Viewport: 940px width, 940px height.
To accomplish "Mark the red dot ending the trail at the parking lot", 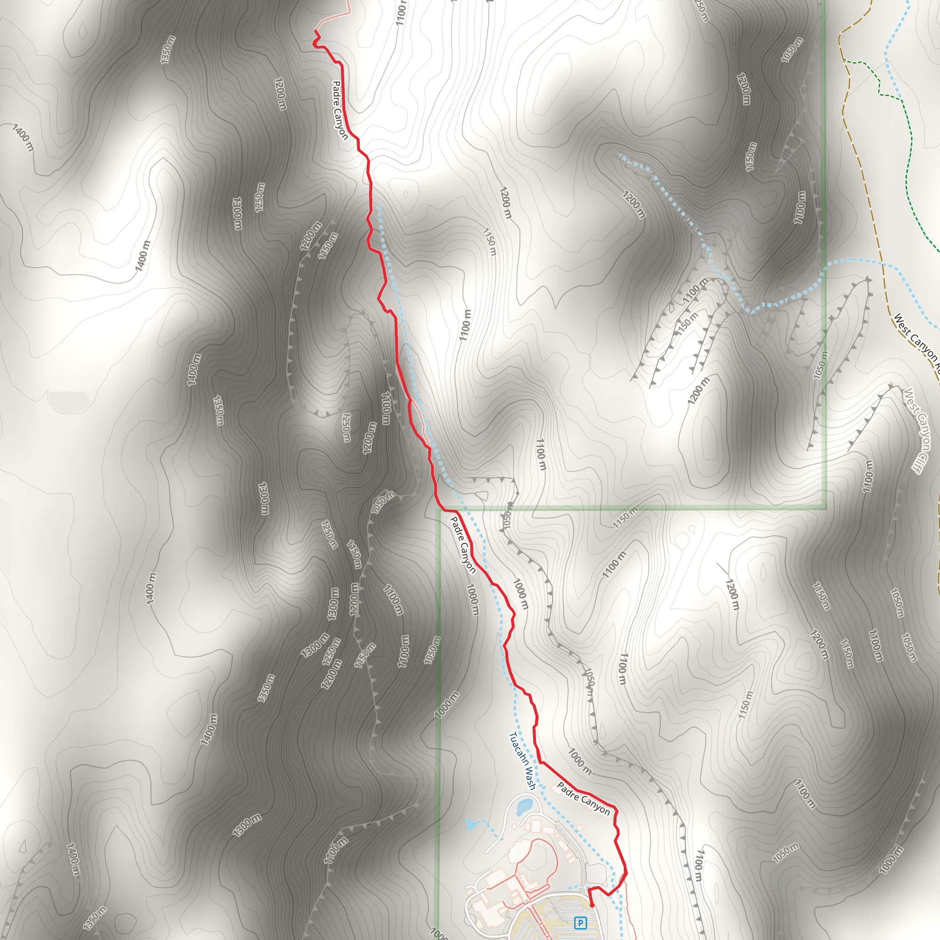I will tap(592, 906).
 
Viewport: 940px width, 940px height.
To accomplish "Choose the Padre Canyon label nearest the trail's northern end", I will tap(340, 110).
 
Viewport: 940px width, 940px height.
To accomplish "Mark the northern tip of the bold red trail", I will tap(315, 31).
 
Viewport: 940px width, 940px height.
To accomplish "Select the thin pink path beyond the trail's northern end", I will tap(336, 17).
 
